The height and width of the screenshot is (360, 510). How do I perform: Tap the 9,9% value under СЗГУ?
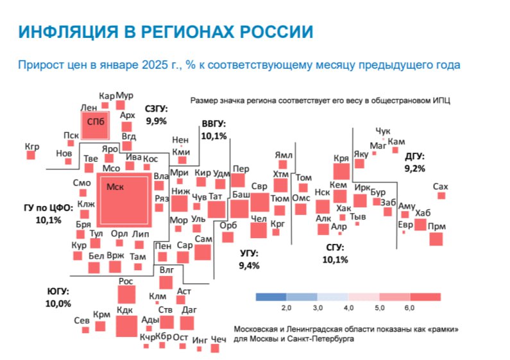click(156, 121)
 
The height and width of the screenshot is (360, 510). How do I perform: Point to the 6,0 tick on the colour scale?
click(410, 309)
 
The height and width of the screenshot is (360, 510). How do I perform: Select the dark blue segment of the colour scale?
click(271, 296)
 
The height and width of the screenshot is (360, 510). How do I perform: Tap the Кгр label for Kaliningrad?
click(32, 147)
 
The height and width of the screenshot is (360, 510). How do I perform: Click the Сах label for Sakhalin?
click(441, 186)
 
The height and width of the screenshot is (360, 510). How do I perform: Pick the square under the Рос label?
click(126, 295)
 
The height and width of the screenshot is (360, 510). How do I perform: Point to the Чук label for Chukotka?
click(382, 131)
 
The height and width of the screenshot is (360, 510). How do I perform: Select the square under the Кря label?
click(341, 171)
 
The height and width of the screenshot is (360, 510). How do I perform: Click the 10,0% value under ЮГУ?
click(58, 304)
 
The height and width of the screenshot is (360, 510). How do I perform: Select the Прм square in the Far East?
click(436, 239)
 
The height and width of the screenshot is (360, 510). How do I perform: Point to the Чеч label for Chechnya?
click(219, 339)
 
